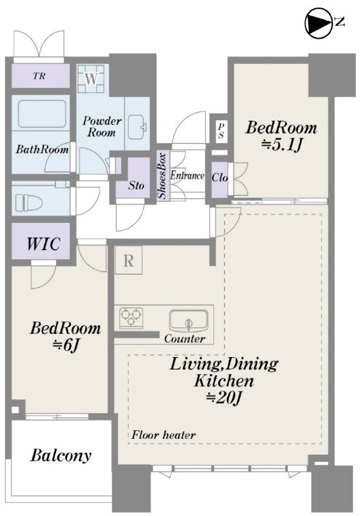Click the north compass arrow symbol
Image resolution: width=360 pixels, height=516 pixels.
tap(318, 23)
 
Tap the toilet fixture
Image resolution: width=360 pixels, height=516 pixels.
tap(29, 200)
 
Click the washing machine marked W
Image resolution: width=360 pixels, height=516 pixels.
tap(91, 79)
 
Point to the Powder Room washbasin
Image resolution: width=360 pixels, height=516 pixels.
tap(136, 127)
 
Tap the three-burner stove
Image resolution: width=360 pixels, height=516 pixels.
tap(132, 318)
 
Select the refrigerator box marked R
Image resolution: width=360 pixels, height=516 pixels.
tap(129, 260)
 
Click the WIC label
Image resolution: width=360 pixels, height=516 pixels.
tap(43, 243)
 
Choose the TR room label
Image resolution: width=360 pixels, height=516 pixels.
tap(39, 76)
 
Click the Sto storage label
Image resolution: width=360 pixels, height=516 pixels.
tap(136, 185)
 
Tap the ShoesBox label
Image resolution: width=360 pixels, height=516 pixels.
tap(162, 176)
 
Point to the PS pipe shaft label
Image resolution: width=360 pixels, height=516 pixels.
tap(221, 130)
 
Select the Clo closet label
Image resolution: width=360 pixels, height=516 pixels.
tap(220, 177)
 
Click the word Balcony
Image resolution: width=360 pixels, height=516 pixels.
tap(61, 456)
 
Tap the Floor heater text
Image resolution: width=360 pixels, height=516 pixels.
tap(164, 435)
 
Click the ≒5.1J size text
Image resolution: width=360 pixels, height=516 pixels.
tap(282, 145)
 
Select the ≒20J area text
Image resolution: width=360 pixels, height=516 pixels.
tap(224, 398)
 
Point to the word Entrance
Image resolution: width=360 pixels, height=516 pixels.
tap(187, 175)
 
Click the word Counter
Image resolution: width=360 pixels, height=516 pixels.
tap(185, 339)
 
